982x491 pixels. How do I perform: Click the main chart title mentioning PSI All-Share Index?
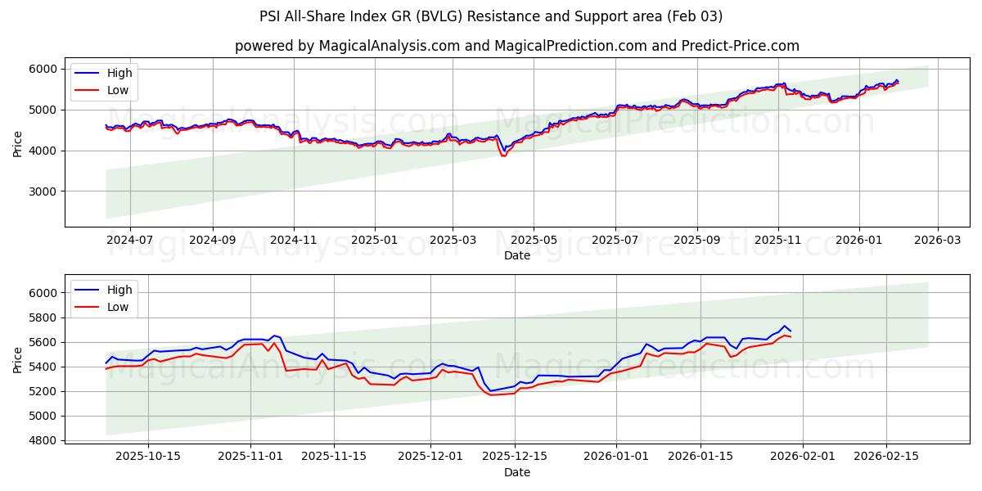pyautogui.click(x=491, y=16)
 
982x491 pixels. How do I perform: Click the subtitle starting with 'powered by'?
pyautogui.click(x=516, y=46)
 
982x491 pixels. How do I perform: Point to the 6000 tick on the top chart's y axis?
pyautogui.click(x=47, y=69)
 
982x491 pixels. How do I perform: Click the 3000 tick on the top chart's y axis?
pyautogui.click(x=47, y=191)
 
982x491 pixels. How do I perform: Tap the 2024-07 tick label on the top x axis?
pyautogui.click(x=129, y=241)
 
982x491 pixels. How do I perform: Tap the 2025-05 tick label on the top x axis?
pyautogui.click(x=534, y=241)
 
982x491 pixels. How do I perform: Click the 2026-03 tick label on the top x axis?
pyautogui.click(x=937, y=241)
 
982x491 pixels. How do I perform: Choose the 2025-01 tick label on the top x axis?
pyautogui.click(x=375, y=241)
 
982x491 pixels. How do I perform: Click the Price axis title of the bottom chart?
pyautogui.click(x=18, y=359)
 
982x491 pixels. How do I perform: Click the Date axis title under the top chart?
pyautogui.click(x=516, y=255)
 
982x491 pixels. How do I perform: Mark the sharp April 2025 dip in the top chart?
pyautogui.click(x=503, y=155)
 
